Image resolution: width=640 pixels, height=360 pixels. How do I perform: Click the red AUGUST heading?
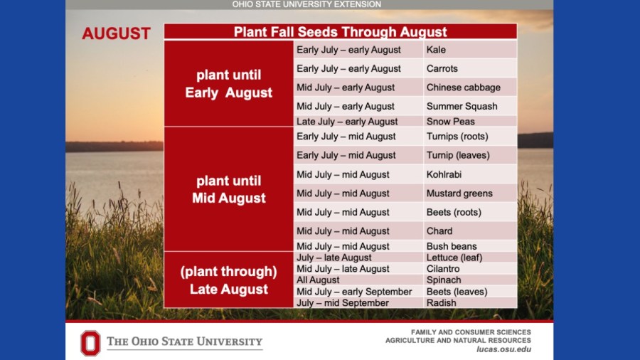coord(117,33)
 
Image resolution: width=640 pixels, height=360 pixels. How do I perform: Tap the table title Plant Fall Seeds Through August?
coord(340,32)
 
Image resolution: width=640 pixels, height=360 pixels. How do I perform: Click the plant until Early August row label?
coord(228,84)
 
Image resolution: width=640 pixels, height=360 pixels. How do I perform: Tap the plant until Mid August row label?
coord(228,189)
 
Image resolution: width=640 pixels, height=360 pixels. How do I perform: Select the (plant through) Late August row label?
coord(228,280)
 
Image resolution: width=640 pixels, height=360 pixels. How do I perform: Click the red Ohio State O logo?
coord(90,343)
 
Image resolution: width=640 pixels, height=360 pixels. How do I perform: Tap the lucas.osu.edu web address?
coord(503,349)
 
